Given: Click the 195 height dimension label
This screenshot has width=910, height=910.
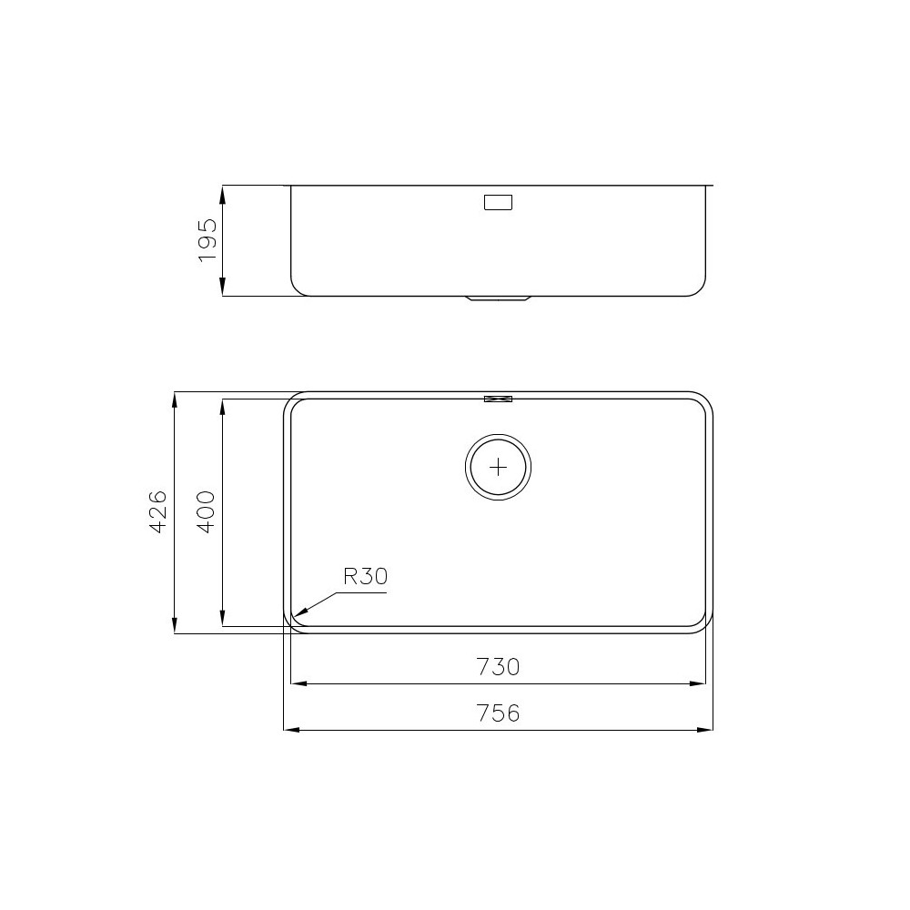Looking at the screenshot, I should (x=207, y=240).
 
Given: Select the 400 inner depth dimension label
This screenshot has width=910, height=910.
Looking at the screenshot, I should (x=206, y=511).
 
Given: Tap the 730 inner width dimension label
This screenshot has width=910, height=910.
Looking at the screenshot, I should (x=497, y=667).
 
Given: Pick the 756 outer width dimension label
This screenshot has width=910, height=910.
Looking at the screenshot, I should (x=497, y=713).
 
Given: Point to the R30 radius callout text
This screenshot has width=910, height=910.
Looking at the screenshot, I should (x=365, y=576).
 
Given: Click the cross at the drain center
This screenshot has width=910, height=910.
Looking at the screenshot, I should (x=498, y=467).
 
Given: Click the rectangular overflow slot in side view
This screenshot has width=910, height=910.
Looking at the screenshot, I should (x=498, y=202).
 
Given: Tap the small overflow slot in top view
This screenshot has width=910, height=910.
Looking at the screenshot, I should (x=498, y=398).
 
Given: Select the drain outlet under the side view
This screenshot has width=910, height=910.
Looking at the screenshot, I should (x=498, y=298).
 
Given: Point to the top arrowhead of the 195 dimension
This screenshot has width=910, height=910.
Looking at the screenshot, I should (x=223, y=191).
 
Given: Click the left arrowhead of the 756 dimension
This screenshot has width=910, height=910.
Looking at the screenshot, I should (x=290, y=730).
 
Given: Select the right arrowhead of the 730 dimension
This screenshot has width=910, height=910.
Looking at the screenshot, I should (x=700, y=683).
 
